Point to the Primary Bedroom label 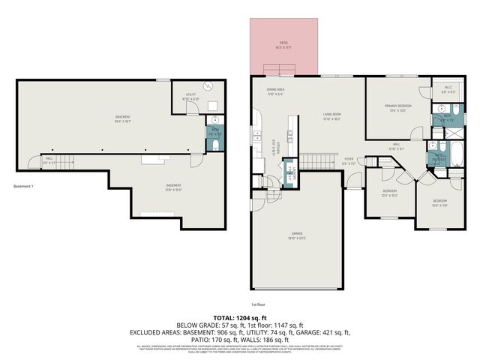tap(395, 109)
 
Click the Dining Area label tap(275, 92)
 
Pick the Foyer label tap(349, 160)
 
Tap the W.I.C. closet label tap(448, 89)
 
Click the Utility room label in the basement tap(190, 98)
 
